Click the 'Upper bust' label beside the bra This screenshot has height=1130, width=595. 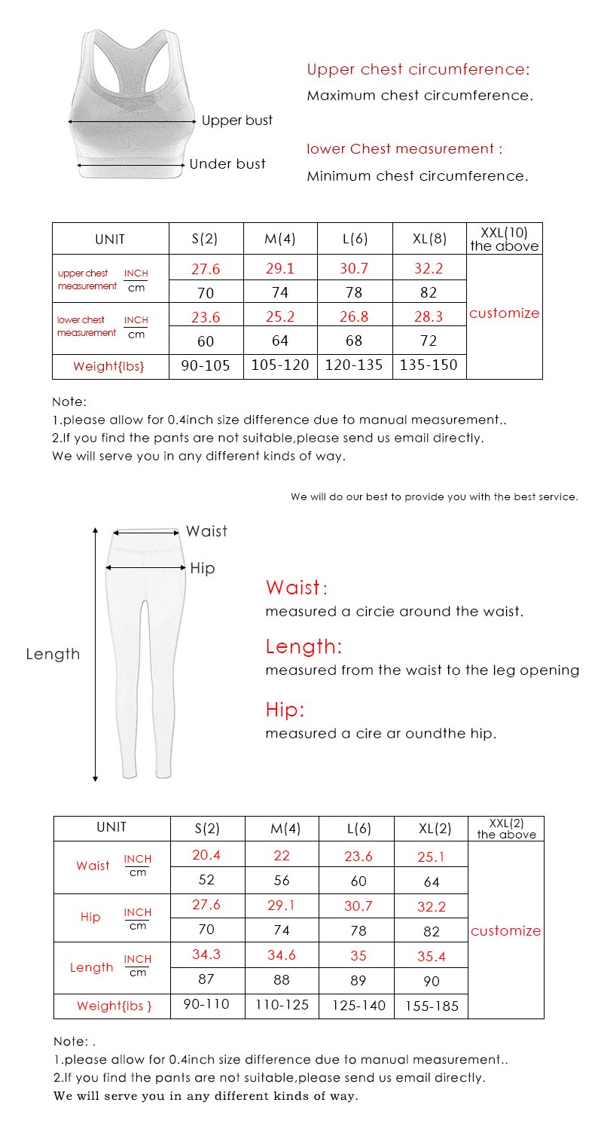coord(236,121)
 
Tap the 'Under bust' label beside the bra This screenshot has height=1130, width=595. coord(227,164)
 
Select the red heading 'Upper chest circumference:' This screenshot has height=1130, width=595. coord(418,70)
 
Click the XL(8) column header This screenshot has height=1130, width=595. coord(430,240)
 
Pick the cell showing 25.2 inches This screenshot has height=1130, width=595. coord(280,315)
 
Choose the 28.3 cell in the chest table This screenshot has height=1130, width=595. coord(429,315)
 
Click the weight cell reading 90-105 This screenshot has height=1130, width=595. coord(206,365)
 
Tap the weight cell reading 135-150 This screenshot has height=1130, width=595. coord(429,365)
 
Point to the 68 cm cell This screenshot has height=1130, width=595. coord(354,341)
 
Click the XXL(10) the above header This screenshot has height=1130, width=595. coord(505,240)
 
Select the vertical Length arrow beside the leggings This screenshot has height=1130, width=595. coord(96,654)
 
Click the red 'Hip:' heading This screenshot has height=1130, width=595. coord(285,710)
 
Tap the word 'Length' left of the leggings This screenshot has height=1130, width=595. coord(53,654)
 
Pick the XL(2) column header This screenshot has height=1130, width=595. coord(435,829)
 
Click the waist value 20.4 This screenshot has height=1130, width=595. coord(206,855)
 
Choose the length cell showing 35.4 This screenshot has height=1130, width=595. coord(432,956)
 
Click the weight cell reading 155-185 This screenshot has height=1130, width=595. coord(432,1006)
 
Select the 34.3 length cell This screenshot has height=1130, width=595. coord(206,954)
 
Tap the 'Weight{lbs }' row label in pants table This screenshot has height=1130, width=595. coord(114,1006)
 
